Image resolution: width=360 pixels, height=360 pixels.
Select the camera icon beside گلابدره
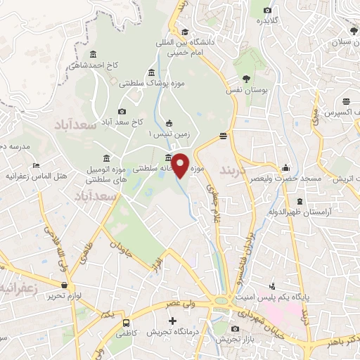(x=267, y=10)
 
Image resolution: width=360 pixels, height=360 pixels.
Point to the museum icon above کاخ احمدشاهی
(x=94, y=55)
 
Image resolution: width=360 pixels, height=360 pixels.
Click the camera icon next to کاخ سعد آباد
(x=122, y=111)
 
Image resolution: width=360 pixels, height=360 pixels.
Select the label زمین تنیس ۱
(x=169, y=133)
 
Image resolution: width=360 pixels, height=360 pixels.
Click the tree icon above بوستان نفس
(x=246, y=79)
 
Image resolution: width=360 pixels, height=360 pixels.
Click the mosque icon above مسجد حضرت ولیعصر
(x=285, y=169)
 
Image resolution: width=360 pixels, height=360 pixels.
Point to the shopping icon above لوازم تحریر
(x=65, y=285)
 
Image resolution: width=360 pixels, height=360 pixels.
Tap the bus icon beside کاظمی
(x=126, y=323)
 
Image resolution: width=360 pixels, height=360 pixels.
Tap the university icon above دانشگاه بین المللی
(x=184, y=32)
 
